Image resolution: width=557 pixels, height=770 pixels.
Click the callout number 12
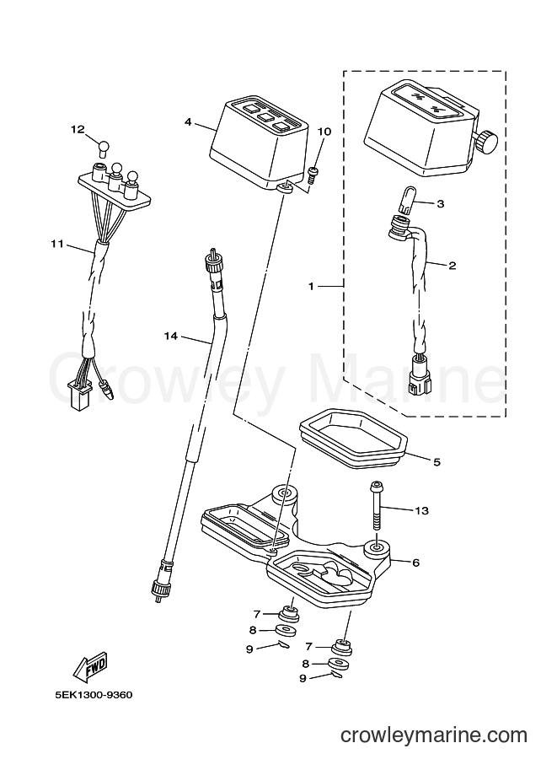78,130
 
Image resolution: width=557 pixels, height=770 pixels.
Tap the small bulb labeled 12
103,147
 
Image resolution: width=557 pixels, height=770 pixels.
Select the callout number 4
188,121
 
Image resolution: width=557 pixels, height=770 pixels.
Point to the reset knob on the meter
486,142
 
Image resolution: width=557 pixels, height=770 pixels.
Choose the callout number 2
452,266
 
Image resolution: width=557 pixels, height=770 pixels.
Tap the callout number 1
311,286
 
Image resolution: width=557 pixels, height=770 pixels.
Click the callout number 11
57,243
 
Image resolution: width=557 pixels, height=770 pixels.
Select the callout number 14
170,336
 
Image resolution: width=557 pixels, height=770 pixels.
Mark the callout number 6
415,563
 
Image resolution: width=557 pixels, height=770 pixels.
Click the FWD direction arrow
90,667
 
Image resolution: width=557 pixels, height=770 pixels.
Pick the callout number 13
421,511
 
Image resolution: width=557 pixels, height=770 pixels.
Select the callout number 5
436,462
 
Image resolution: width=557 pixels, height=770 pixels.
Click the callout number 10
324,132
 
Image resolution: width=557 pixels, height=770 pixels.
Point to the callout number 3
440,203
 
